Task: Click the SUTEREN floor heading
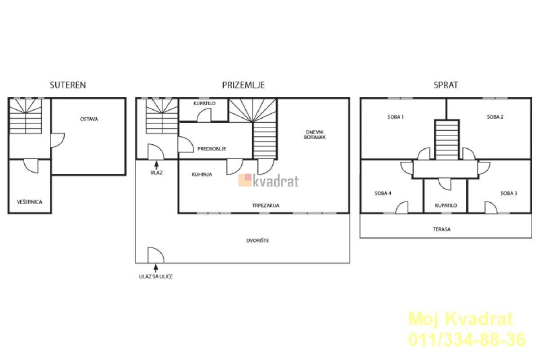[x=68, y=85]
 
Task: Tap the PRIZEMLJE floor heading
[x=243, y=85]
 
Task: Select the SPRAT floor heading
[x=446, y=85]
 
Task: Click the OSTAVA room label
[x=89, y=119]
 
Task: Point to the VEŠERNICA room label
[x=30, y=202]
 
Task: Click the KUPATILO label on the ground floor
[x=204, y=103]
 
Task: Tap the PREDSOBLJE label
[x=212, y=149]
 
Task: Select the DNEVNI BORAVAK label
[x=315, y=135]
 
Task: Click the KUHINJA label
[x=202, y=174]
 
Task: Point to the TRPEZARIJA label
[x=266, y=205]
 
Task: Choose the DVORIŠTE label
[x=258, y=240]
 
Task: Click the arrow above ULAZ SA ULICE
[x=156, y=268]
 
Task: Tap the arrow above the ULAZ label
[x=157, y=165]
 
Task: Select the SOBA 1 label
[x=396, y=117]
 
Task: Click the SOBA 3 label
[x=509, y=193]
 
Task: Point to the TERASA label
[x=442, y=229]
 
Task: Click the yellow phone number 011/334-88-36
[x=467, y=340]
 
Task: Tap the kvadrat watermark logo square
[x=245, y=180]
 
